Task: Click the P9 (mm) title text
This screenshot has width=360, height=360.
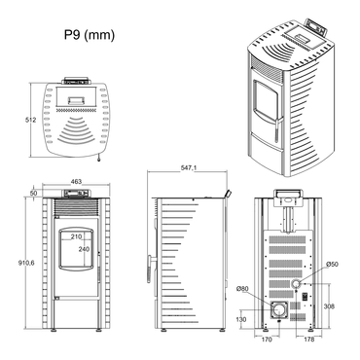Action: [90, 35]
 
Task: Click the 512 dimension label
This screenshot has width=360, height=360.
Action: [31, 120]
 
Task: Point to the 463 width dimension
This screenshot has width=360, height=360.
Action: [76, 182]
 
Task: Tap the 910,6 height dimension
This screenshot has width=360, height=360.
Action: [26, 263]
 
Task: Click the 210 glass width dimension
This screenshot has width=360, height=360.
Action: [76, 236]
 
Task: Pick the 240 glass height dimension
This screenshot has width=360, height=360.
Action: [84, 249]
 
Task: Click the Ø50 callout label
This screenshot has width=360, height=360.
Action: [332, 264]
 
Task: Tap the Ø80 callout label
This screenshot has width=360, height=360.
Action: [242, 288]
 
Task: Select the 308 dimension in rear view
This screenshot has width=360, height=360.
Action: [329, 306]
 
